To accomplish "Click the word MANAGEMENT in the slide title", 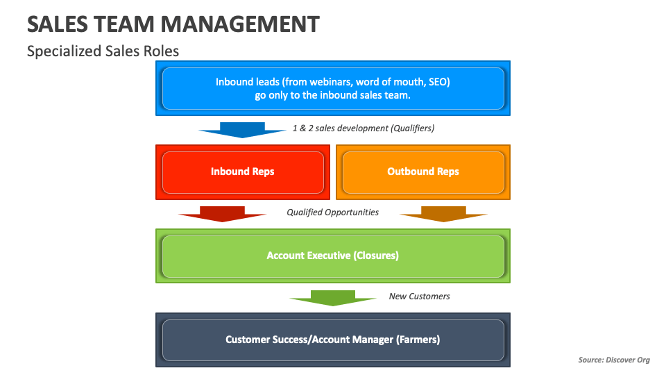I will pyautogui.click(x=239, y=24).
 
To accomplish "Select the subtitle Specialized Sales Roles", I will pyautogui.click(x=103, y=51).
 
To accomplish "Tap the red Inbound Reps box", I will pyautogui.click(x=243, y=172).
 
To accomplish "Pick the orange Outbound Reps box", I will pyautogui.click(x=423, y=172).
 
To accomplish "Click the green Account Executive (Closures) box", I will pyautogui.click(x=333, y=256).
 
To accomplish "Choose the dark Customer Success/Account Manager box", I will pyautogui.click(x=333, y=340).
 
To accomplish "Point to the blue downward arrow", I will pyautogui.click(x=232, y=130).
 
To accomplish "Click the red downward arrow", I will pyautogui.click(x=222, y=213).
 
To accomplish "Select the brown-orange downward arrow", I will pyautogui.click(x=443, y=213).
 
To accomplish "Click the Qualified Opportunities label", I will pyautogui.click(x=333, y=212).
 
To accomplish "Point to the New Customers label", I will pyautogui.click(x=419, y=297).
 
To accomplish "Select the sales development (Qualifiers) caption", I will pyautogui.click(x=364, y=128).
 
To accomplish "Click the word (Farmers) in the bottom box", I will pyautogui.click(x=418, y=340).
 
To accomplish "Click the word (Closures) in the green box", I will pyautogui.click(x=376, y=256).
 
